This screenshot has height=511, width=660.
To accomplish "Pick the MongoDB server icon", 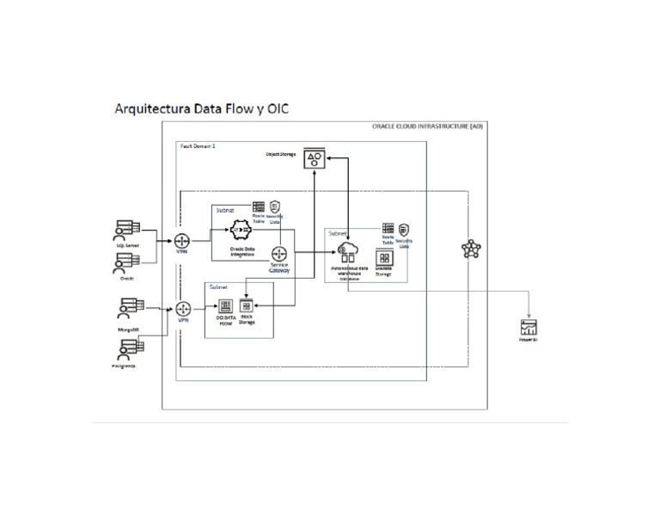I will click(x=131, y=306).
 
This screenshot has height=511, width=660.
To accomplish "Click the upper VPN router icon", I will click(x=182, y=240).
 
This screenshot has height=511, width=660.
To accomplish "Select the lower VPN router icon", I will click(x=183, y=309).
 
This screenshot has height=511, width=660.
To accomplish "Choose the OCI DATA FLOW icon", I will click(x=226, y=306).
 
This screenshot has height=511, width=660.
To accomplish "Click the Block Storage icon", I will click(x=247, y=306).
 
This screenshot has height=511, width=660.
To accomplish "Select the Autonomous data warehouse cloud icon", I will click(x=348, y=252).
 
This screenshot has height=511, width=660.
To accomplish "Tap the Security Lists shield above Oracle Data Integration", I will click(x=275, y=206).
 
